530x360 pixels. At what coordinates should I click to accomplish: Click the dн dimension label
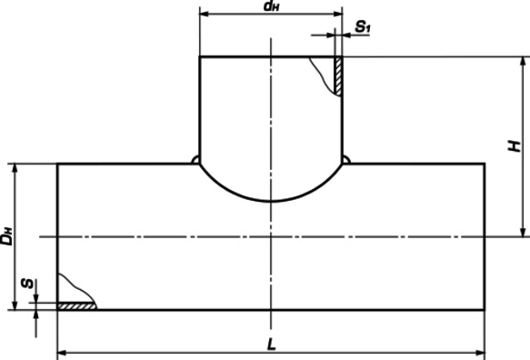(x=272, y=6)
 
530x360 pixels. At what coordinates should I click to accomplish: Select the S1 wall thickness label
(x=363, y=26)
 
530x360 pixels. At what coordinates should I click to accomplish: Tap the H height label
(x=515, y=146)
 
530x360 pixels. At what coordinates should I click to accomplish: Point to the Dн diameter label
(x=6, y=236)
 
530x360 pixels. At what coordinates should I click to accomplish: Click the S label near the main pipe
(x=27, y=284)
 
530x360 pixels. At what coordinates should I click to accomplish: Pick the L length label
(x=272, y=345)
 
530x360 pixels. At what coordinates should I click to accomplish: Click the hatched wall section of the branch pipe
(x=338, y=76)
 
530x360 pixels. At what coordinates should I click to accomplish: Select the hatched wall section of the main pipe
(x=76, y=306)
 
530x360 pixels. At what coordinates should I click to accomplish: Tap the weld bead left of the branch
(x=195, y=160)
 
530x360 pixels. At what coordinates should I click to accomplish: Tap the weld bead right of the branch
(x=346, y=160)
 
